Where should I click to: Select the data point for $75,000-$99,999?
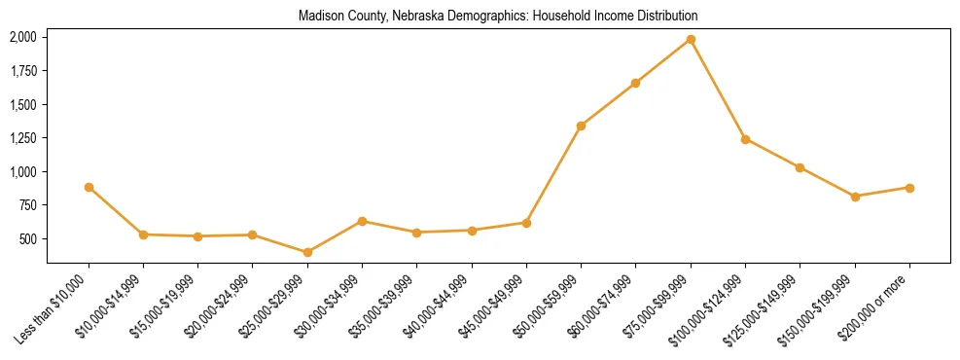click(x=691, y=39)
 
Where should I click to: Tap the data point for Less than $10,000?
click(x=89, y=187)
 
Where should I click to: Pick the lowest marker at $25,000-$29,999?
click(x=307, y=252)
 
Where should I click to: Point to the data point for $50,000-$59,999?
click(x=581, y=126)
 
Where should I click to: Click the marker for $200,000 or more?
click(x=909, y=188)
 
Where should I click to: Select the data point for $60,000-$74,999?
click(x=635, y=83)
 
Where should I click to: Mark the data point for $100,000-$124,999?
click(x=745, y=139)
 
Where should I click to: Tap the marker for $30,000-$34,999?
click(x=362, y=221)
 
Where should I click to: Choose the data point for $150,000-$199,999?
click(x=855, y=197)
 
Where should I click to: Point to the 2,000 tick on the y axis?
click(x=22, y=37)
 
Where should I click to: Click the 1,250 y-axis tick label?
click(x=22, y=138)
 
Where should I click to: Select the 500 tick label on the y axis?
click(x=26, y=239)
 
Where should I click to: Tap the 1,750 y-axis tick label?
click(x=22, y=71)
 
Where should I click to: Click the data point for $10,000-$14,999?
click(x=143, y=234)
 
